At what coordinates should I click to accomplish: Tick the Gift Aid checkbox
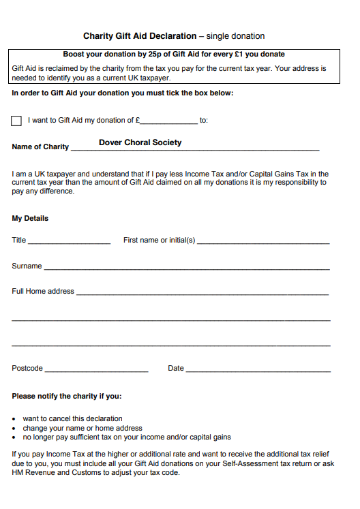(16, 121)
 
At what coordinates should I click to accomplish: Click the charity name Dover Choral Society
(140, 142)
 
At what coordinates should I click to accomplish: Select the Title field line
(69, 241)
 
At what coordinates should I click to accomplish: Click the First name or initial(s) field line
(263, 241)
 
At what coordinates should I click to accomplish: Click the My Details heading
(30, 219)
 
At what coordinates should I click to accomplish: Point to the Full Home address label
(43, 292)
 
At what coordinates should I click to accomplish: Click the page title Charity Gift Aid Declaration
(140, 36)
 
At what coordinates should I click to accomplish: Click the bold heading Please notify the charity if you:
(67, 396)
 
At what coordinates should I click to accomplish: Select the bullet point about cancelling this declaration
(72, 418)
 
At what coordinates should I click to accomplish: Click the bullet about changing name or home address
(82, 428)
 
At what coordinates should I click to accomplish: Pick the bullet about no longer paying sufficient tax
(127, 437)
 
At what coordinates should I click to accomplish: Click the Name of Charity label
(40, 146)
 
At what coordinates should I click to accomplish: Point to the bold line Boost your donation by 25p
(174, 54)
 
